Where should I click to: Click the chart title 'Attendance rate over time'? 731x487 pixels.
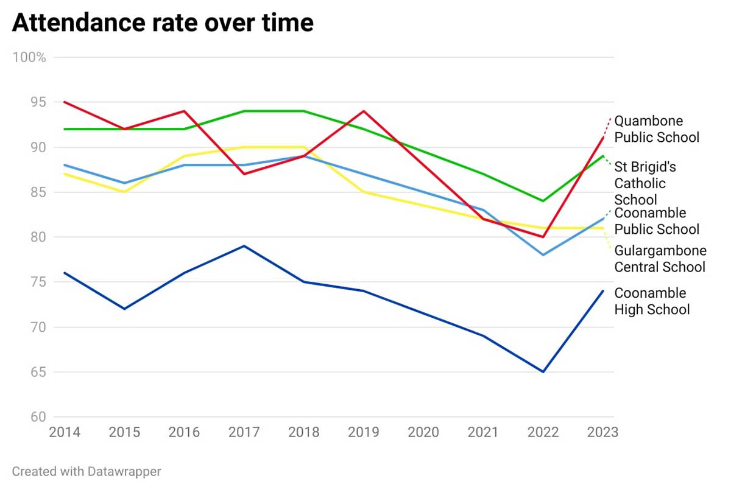coord(163,23)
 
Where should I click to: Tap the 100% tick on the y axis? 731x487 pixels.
coord(29,57)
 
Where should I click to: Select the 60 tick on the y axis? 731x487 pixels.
coord(38,417)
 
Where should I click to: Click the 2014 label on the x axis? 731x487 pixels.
coord(64,432)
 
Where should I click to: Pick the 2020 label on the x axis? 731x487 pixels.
coord(423,432)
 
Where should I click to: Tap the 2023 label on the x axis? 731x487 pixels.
coord(602,432)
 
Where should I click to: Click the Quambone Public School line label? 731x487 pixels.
coord(656,129)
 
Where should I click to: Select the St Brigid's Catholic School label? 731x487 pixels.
coord(644,183)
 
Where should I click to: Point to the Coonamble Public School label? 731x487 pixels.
coord(656,221)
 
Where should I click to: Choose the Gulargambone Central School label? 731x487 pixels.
coord(660,259)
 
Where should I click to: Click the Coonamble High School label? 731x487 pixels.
coord(651,301)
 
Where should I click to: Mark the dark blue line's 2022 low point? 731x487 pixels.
coord(543,371)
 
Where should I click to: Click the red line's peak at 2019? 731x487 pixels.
coord(364,111)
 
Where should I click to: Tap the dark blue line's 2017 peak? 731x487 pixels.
coord(244,246)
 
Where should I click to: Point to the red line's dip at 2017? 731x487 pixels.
coord(244,174)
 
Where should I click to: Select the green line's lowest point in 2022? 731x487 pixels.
coord(543,201)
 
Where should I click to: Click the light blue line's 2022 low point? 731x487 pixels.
coord(543,254)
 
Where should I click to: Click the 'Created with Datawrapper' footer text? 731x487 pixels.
coord(87,471)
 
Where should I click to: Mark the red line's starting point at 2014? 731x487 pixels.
coord(64,102)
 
